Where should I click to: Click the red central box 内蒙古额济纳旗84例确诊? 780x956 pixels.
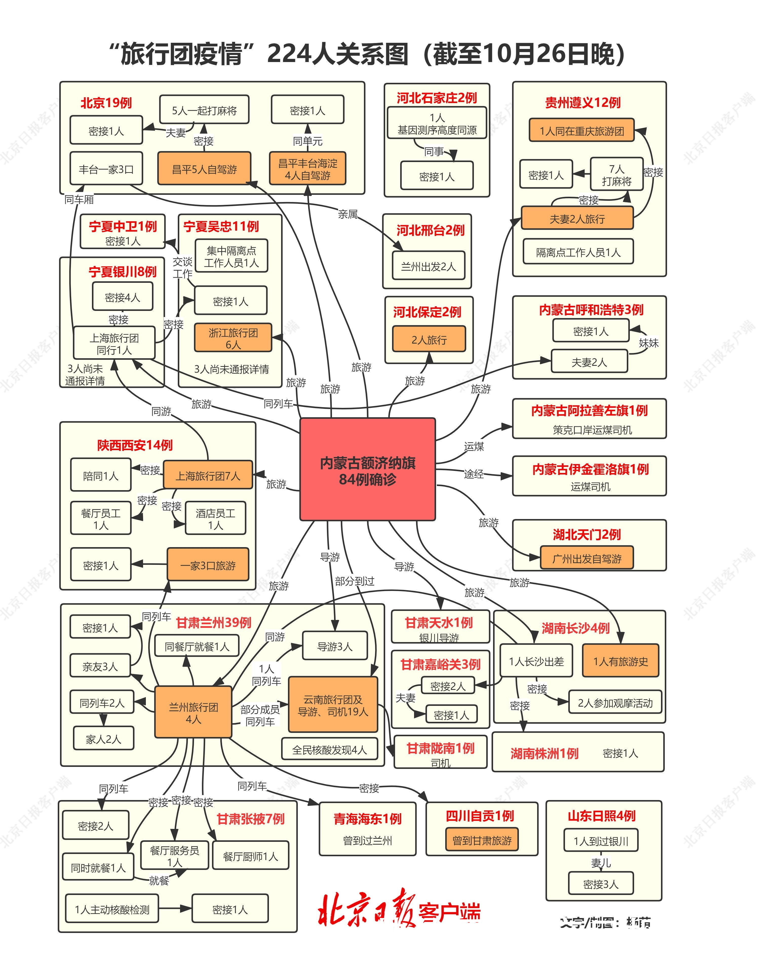367,469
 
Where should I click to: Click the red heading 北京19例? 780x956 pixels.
106,103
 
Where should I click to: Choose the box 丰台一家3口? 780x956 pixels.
106,169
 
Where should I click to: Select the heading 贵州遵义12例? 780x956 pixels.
583,103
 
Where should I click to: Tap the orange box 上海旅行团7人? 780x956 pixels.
208,475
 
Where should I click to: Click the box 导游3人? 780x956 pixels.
335,646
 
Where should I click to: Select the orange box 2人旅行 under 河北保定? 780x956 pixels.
429,340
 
